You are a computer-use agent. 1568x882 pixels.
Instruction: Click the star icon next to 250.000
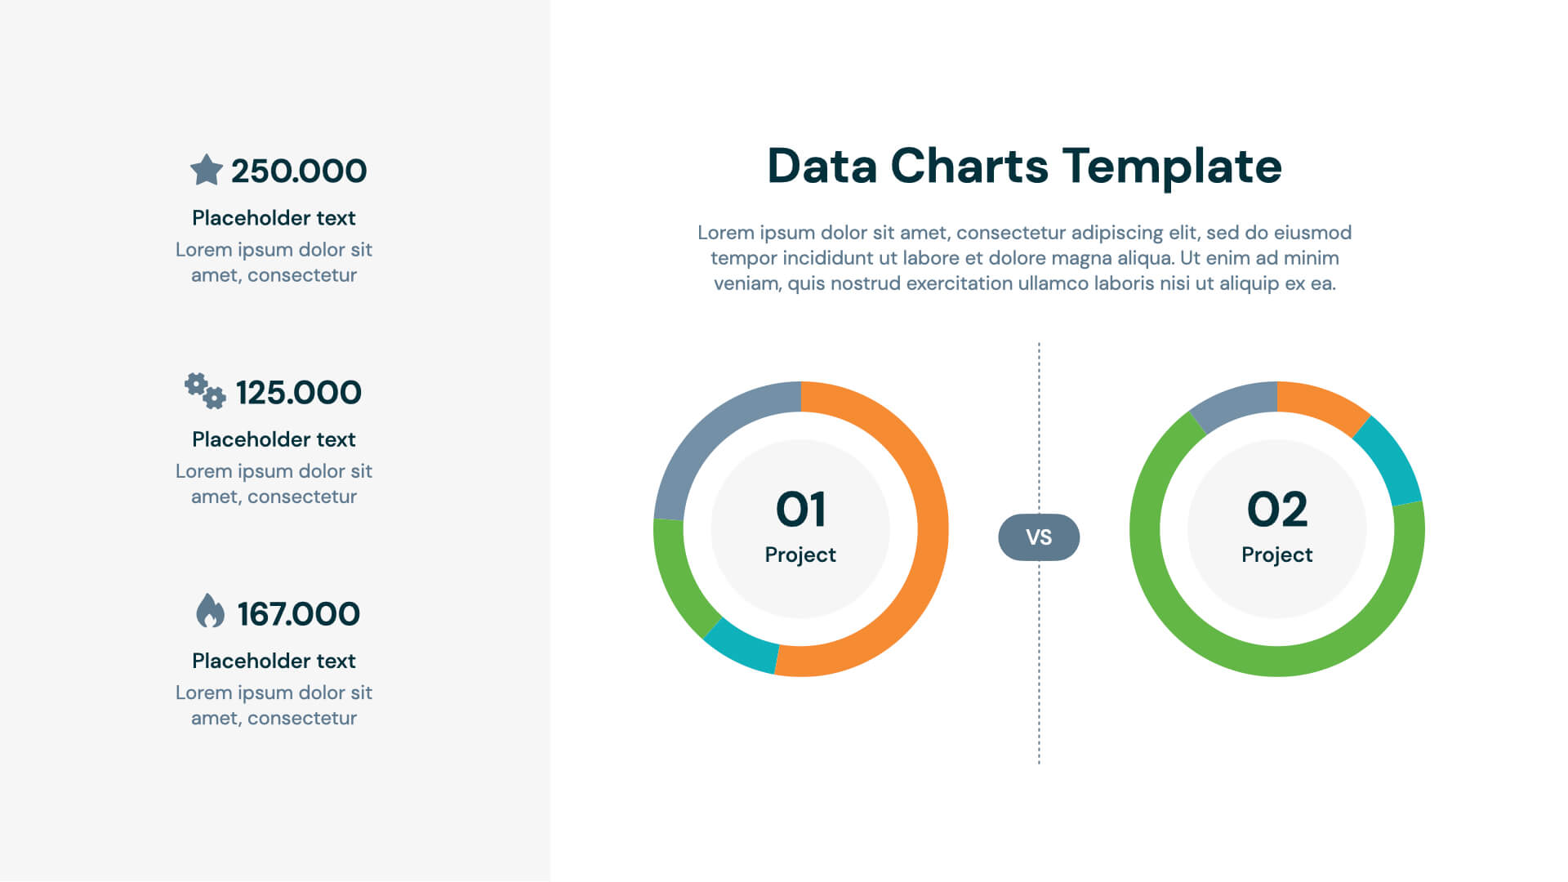pyautogui.click(x=206, y=170)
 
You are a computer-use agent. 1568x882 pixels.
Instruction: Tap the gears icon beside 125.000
pyautogui.click(x=204, y=391)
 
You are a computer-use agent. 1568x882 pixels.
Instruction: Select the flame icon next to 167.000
pyautogui.click(x=210, y=611)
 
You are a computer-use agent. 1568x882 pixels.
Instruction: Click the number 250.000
pyautogui.click(x=299, y=171)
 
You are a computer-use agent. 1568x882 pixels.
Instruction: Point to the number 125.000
pyautogui.click(x=299, y=393)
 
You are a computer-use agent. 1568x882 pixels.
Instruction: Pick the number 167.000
pyautogui.click(x=299, y=614)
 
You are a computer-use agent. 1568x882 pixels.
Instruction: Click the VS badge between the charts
pyautogui.click(x=1039, y=537)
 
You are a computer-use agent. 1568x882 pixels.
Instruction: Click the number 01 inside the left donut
pyautogui.click(x=800, y=510)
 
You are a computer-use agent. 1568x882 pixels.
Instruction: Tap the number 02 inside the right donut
pyautogui.click(x=1276, y=510)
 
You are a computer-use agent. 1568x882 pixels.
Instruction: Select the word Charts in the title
pyautogui.click(x=969, y=167)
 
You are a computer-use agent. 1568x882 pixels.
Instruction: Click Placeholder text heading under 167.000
pyautogui.click(x=274, y=661)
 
